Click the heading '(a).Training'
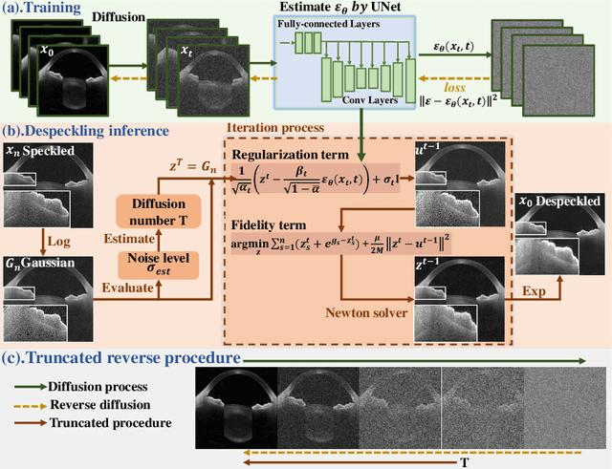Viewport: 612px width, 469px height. [44, 10]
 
